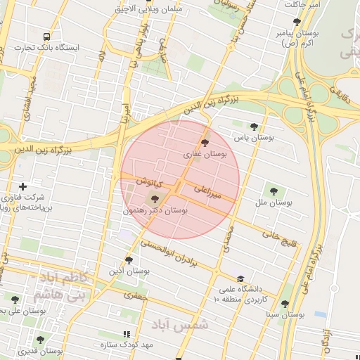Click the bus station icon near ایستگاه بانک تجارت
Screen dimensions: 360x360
point(47,37)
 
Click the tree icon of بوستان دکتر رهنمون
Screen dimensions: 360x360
point(155,199)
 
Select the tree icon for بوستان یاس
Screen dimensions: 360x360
point(254,127)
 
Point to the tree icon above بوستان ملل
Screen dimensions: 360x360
point(274,190)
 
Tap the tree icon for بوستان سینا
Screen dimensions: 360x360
point(285,304)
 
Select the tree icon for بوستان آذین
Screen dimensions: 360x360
point(129,259)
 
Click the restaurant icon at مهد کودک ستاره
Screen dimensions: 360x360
point(127,334)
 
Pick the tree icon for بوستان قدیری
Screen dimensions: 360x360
point(40,340)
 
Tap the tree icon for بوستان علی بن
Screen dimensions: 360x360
point(15,300)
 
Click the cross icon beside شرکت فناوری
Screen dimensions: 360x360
point(23,186)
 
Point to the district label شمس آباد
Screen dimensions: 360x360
point(180,325)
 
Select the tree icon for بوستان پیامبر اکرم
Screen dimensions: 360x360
point(277,21)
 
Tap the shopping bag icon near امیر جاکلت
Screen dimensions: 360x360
point(294,4)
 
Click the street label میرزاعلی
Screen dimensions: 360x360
point(209,193)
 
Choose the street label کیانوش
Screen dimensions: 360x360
point(149,183)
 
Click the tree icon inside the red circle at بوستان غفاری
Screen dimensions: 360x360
point(205,142)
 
